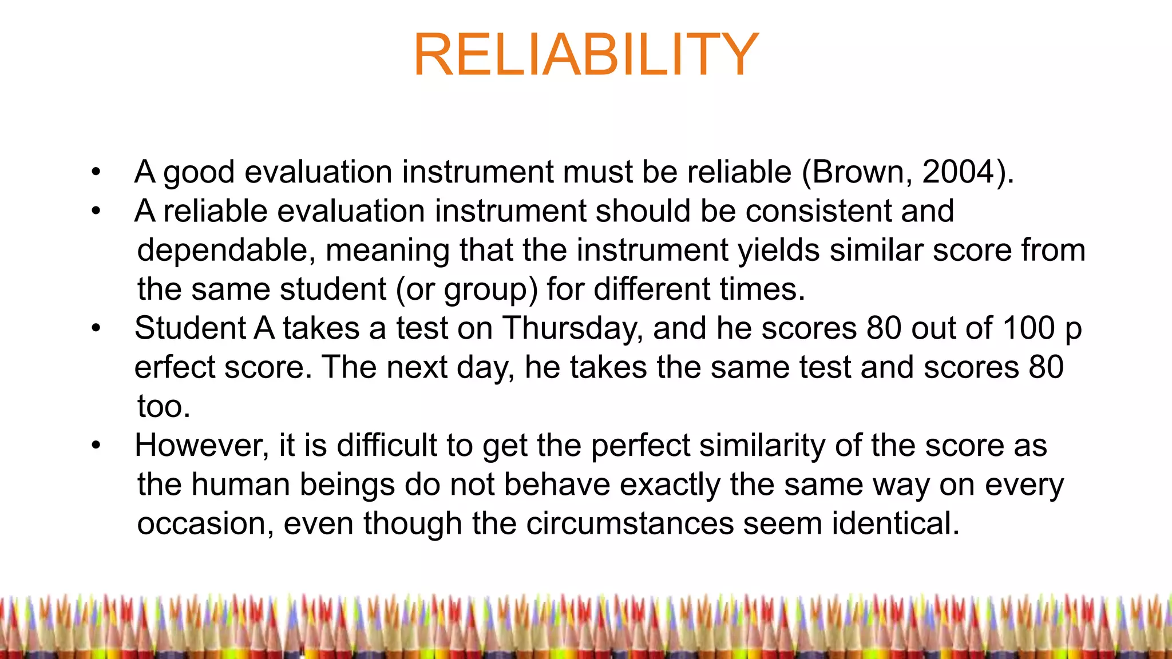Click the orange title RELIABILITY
586,55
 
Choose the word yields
779,250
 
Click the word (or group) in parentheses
467,289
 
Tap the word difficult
386,445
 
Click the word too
163,407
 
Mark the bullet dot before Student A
96,329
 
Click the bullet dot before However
96,446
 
